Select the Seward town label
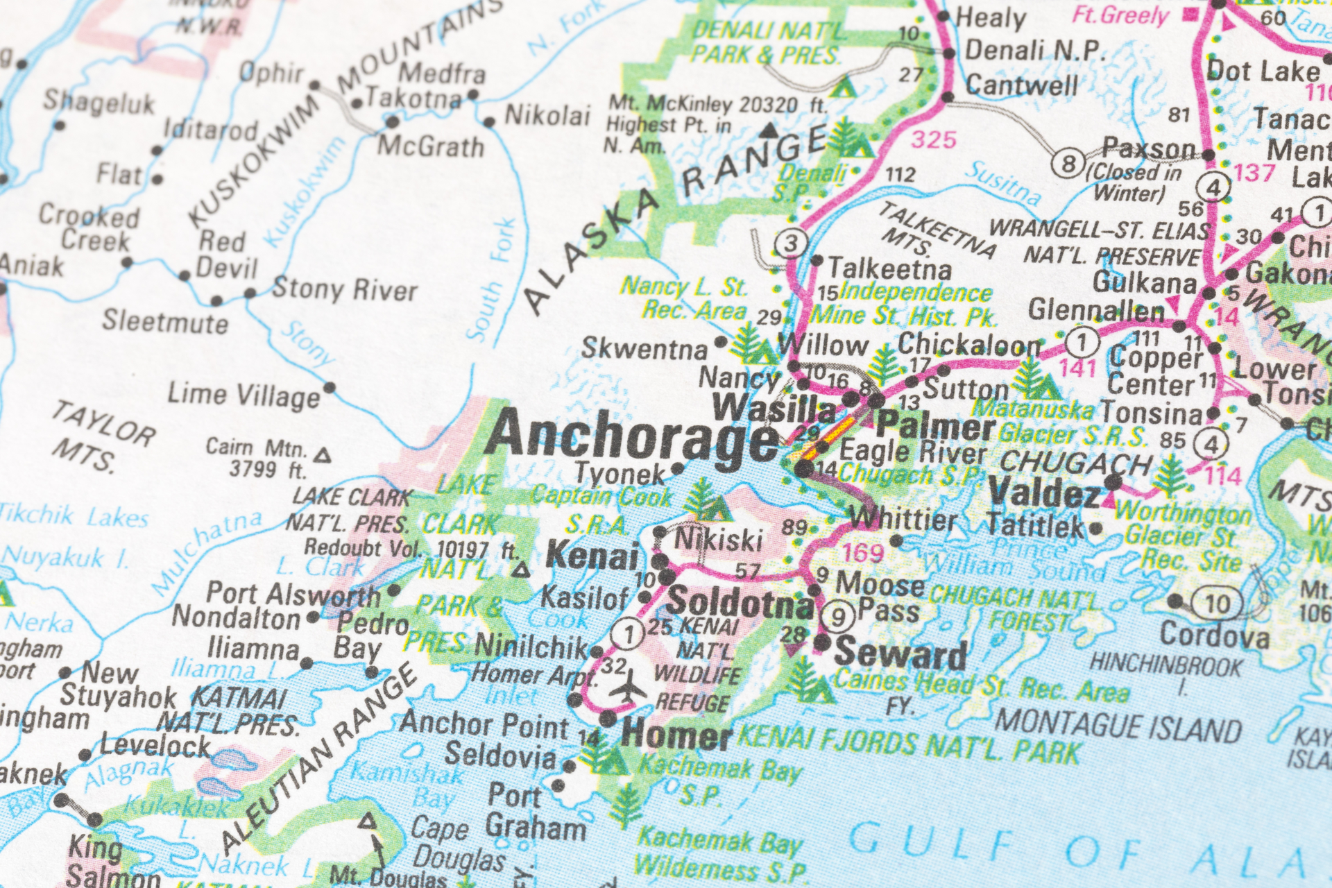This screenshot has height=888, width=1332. coord(900,654)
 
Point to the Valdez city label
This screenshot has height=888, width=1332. coord(1044,493)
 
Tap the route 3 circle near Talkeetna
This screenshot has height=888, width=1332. coord(790,243)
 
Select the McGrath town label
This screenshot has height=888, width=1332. coord(430,147)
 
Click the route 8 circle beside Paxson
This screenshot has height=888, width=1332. coord(1068,164)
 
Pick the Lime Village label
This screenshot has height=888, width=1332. coord(244,395)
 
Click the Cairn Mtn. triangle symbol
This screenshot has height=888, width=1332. coord(322,456)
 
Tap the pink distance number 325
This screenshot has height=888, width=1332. coord(933,140)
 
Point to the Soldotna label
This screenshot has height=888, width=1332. coord(739,602)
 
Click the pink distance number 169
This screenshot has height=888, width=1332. coord(862,553)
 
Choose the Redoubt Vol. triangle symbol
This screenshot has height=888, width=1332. coord(521,571)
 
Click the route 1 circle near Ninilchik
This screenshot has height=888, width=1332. coord(629,633)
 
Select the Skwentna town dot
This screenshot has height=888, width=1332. coord(721,342)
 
